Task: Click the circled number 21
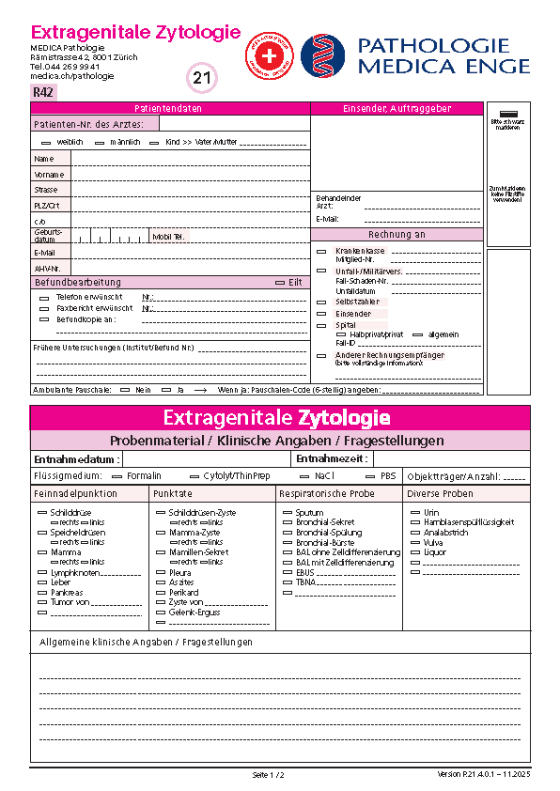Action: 203,79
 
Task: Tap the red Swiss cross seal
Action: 269,55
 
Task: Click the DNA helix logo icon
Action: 322,54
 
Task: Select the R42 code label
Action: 43,92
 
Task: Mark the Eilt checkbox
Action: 279,282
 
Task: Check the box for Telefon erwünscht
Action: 44,297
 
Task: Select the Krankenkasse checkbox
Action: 321,251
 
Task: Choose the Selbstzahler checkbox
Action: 321,302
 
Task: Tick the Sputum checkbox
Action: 287,513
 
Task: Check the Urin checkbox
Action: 414,513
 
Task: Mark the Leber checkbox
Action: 41,582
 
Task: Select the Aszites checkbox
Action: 160,582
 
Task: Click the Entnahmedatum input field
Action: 207,459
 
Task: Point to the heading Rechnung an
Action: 397,235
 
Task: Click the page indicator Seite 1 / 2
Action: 269,775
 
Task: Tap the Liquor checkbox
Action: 414,552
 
